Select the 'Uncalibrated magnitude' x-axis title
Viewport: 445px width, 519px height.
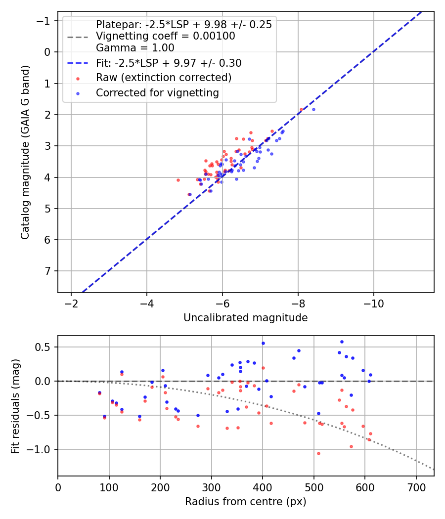245,318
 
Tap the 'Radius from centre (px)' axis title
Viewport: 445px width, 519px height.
245,502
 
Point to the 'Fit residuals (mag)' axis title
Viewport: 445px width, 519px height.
15,405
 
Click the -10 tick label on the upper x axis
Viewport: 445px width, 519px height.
373,303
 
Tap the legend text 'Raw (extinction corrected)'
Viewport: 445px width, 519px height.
164,78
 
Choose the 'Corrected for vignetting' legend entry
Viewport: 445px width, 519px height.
157,92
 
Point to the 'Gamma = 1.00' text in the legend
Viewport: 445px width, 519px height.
135,48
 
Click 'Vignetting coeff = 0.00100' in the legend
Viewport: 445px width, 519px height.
165,36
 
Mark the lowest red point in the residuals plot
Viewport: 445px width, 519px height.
318,453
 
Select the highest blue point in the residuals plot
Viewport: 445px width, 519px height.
342,342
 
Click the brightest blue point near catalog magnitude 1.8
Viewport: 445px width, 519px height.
313,109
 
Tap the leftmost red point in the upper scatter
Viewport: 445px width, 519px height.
178,180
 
